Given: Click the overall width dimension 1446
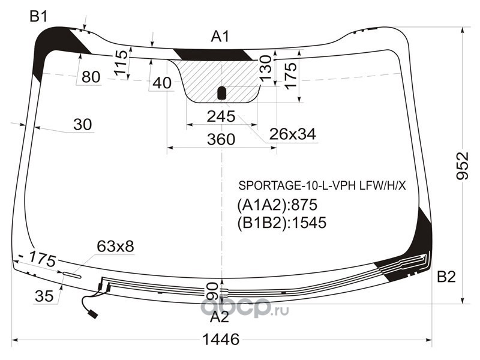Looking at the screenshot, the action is click(221, 340).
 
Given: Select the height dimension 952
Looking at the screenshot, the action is click(462, 166).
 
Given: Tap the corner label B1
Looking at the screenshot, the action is click(38, 16).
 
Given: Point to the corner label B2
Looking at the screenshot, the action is click(446, 277).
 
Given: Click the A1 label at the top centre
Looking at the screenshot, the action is click(220, 37).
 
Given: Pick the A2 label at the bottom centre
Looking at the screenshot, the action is click(220, 317).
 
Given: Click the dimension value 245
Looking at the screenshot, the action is click(221, 116).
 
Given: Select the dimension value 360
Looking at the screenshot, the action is click(221, 139).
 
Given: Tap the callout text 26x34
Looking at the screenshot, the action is click(292, 134).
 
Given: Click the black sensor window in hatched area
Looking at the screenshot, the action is click(221, 93).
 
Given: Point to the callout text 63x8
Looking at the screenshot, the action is click(115, 246).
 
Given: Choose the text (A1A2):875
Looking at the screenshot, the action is click(277, 205).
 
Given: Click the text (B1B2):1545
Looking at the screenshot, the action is click(281, 223).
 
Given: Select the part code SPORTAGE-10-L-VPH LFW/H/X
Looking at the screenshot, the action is click(322, 185).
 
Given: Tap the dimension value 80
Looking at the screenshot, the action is click(91, 77).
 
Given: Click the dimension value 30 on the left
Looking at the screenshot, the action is click(83, 125).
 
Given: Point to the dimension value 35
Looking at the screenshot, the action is click(44, 296).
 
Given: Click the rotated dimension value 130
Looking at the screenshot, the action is click(265, 68).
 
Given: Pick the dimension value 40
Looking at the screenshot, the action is click(162, 83).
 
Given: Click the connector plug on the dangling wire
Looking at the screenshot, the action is click(92, 314).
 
